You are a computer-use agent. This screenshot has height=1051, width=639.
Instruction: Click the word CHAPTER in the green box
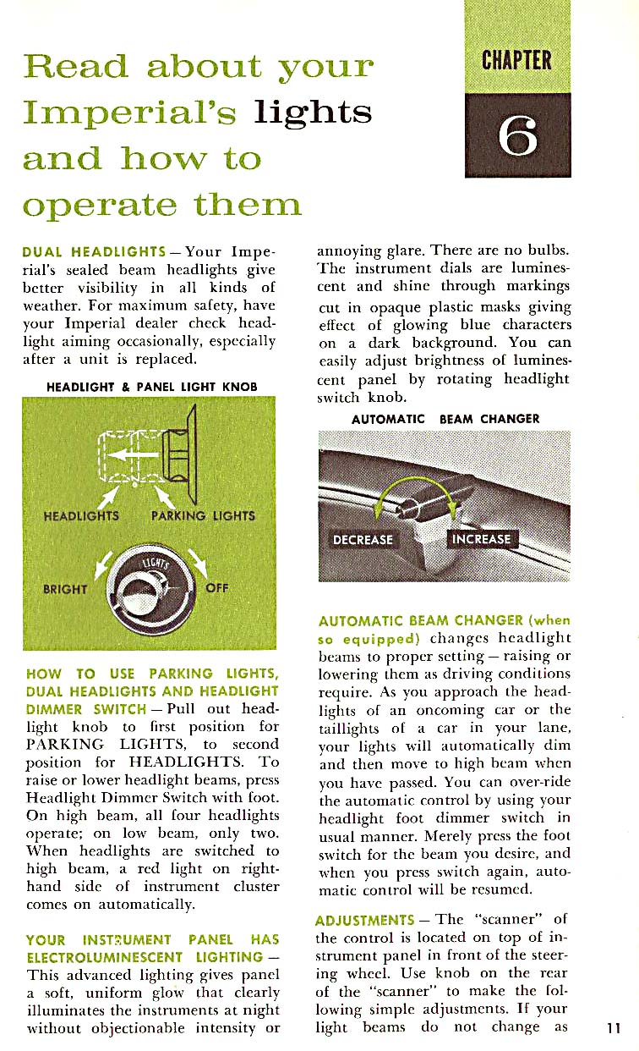516,61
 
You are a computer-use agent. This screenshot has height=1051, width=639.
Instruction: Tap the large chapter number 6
517,135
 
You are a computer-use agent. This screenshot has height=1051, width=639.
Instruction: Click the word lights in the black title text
313,113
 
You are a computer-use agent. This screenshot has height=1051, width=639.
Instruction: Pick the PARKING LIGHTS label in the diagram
202,514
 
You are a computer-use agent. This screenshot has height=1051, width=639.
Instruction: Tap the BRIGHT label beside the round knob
66,589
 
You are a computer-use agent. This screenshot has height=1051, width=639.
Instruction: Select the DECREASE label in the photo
363,539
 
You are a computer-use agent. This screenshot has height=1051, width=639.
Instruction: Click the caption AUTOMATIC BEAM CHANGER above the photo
445,419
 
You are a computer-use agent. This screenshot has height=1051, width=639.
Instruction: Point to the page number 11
614,1028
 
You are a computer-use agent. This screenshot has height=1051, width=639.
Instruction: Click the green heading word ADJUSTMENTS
364,920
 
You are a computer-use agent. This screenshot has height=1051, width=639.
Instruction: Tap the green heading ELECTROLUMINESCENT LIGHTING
145,956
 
